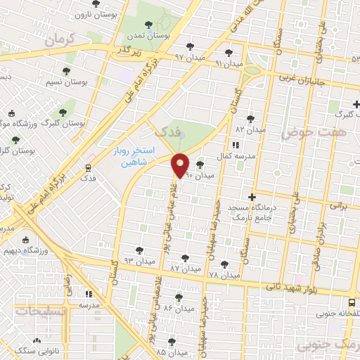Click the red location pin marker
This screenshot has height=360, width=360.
click(x=181, y=165)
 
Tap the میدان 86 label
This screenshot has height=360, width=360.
click(x=177, y=308)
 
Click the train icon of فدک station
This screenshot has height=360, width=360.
click(x=89, y=167)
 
